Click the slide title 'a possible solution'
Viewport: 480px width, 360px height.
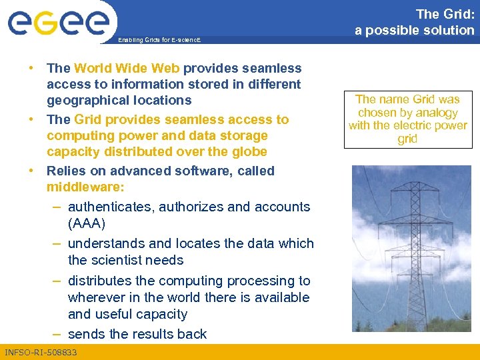(414, 30)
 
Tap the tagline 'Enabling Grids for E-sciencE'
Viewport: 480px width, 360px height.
(159, 41)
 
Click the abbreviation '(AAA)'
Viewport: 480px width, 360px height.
(87, 223)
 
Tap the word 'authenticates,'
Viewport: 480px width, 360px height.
(112, 207)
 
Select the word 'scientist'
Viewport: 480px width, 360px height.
(121, 260)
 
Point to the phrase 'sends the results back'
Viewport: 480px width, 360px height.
(137, 334)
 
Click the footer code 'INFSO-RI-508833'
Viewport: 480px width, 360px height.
(41, 352)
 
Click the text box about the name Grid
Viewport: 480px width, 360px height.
(407, 119)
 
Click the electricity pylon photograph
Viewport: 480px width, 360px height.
(411, 248)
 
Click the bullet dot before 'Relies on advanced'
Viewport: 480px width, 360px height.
(31, 170)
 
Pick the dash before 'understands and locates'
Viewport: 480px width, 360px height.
(58, 243)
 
